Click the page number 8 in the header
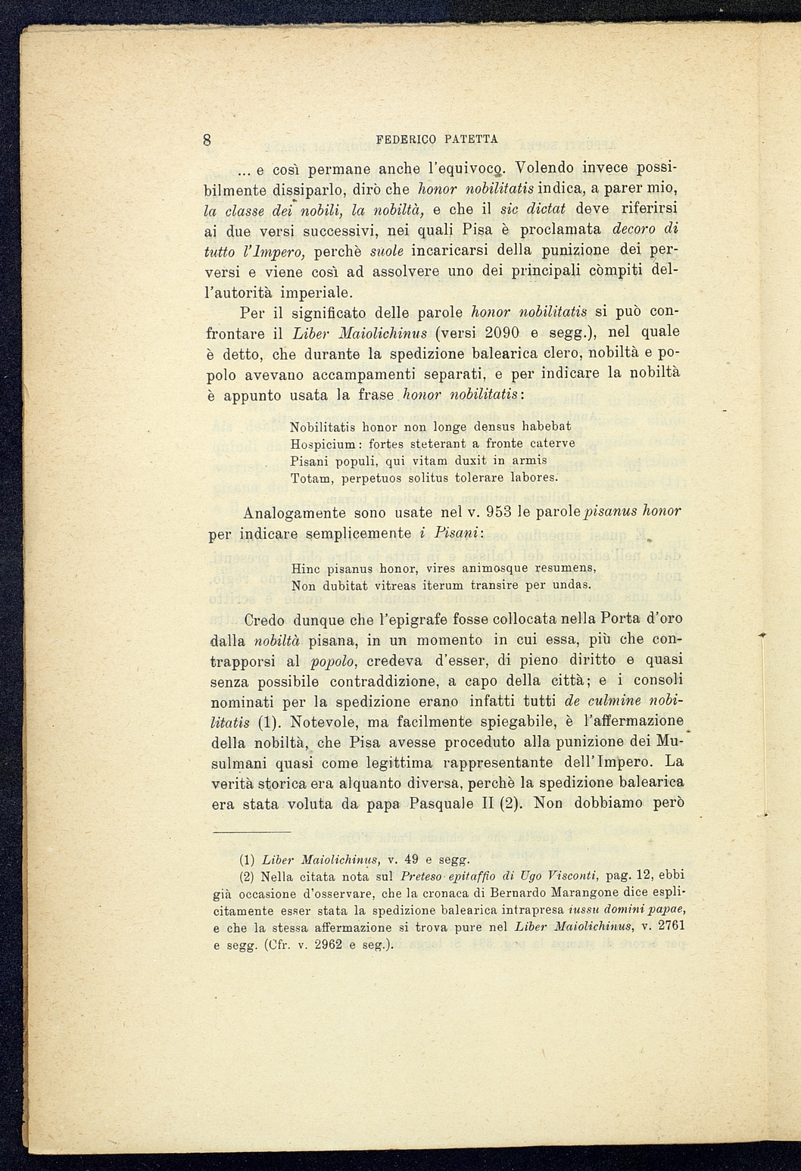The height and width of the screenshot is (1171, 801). pyautogui.click(x=207, y=139)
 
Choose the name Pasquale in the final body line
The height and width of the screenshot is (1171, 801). pyautogui.click(x=437, y=803)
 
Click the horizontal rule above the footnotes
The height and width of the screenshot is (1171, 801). pyautogui.click(x=251, y=832)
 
